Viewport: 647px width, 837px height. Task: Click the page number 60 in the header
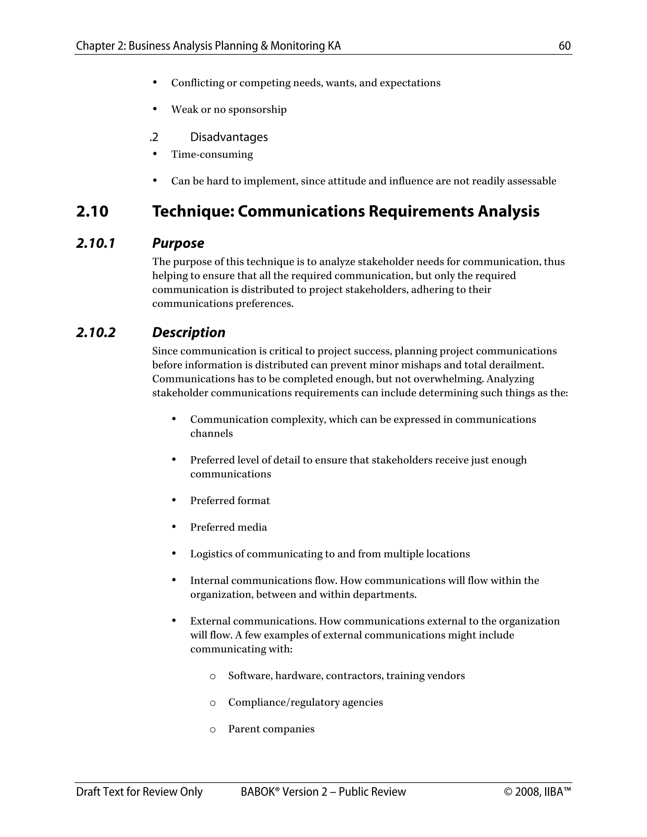pyautogui.click(x=564, y=46)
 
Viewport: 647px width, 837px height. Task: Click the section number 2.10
pyautogui.click(x=92, y=212)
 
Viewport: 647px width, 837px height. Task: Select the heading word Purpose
pyautogui.click(x=178, y=243)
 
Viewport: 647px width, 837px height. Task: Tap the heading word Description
pyautogui.click(x=189, y=332)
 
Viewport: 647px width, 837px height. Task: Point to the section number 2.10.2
pyautogui.click(x=96, y=332)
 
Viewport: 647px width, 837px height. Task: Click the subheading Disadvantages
pyautogui.click(x=229, y=137)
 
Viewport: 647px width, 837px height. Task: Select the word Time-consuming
pyautogui.click(x=212, y=154)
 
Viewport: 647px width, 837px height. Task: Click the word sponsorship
pyautogui.click(x=257, y=110)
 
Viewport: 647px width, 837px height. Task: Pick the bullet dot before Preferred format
pyautogui.click(x=174, y=500)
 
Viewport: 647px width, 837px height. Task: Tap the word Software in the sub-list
pyautogui.click(x=250, y=676)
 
